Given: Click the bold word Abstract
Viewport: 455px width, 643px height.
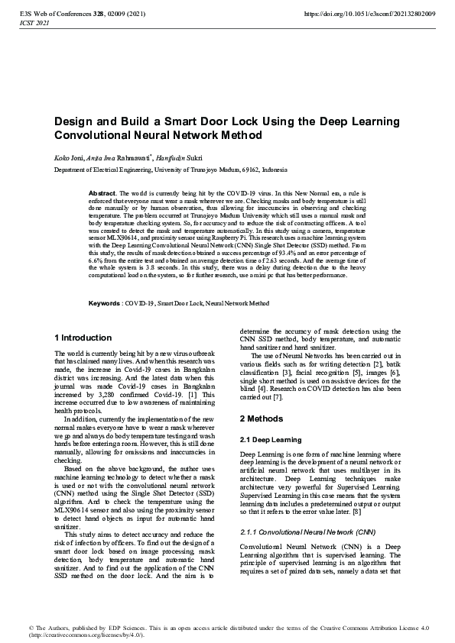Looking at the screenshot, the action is click(102, 194).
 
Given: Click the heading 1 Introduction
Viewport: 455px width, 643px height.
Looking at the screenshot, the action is click(83, 338).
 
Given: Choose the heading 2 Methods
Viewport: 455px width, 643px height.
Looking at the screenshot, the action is click(262, 419).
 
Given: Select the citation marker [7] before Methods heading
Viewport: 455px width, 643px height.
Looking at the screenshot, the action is click(278, 398).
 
